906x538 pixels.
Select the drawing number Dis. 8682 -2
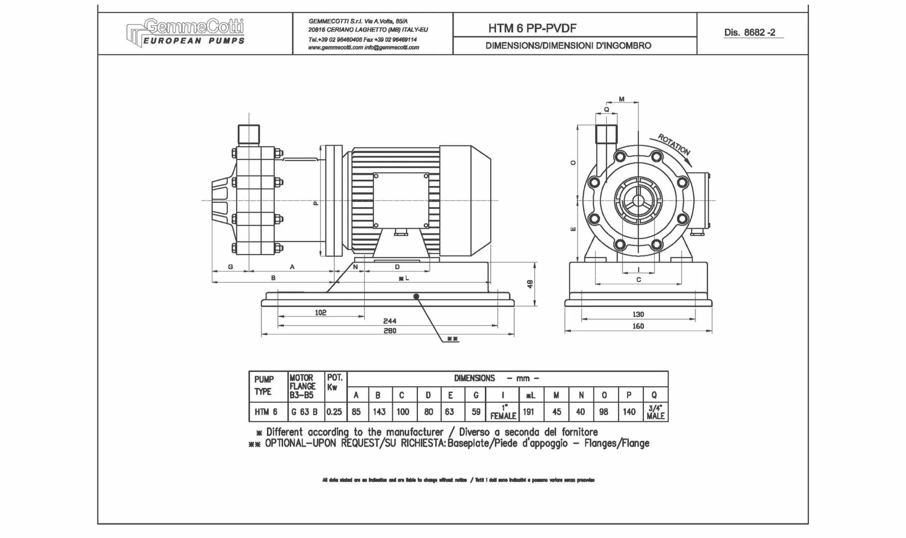(x=750, y=33)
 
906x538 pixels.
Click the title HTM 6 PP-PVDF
(x=532, y=28)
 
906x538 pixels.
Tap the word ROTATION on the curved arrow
(x=674, y=144)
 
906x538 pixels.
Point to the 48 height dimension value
(x=530, y=284)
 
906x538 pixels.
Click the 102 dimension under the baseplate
(x=321, y=312)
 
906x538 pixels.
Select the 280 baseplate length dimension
(x=390, y=331)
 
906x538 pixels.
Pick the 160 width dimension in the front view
(x=638, y=326)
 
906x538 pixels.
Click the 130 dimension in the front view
(x=638, y=314)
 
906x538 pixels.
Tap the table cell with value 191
(x=528, y=412)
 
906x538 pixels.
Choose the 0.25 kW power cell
(x=334, y=412)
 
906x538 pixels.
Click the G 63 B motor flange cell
(x=304, y=412)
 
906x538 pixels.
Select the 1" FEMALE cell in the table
(x=503, y=413)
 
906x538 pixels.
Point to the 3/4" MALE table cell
(x=655, y=413)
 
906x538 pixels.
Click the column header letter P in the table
(x=629, y=395)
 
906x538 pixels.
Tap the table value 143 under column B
(x=379, y=412)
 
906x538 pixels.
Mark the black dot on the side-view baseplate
(x=416, y=297)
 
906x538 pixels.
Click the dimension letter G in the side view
(x=230, y=267)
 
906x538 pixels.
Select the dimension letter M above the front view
(x=621, y=99)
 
